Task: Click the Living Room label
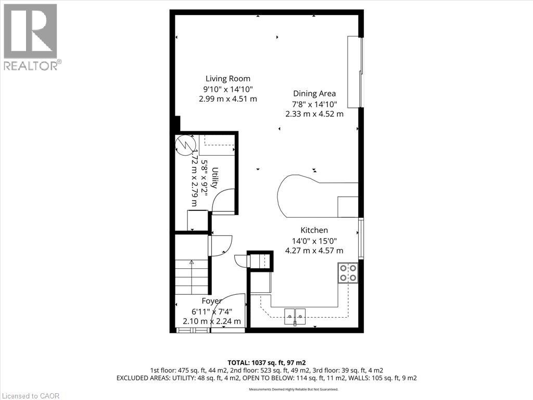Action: tap(227, 79)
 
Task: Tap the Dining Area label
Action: tap(314, 94)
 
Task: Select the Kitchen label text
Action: tap(314, 230)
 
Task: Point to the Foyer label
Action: tap(212, 301)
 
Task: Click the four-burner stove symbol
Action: tap(348, 272)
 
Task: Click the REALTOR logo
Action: tap(31, 37)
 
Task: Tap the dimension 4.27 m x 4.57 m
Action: tap(314, 251)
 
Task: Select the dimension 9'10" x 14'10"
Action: tap(227, 89)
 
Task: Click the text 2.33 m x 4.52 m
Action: tap(314, 114)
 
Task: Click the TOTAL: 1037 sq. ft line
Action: tap(266, 362)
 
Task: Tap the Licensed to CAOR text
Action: tap(31, 395)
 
